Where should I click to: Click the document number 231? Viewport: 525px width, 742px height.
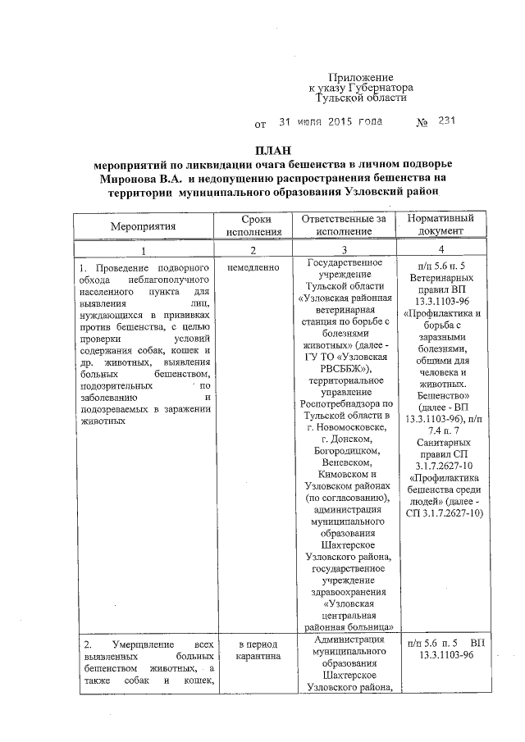[446, 122]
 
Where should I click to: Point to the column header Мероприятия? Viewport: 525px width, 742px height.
[143, 225]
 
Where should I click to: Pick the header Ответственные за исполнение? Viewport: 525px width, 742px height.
[343, 225]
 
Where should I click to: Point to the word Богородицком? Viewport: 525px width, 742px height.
[343, 450]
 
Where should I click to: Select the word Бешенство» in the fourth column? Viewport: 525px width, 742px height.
[442, 394]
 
